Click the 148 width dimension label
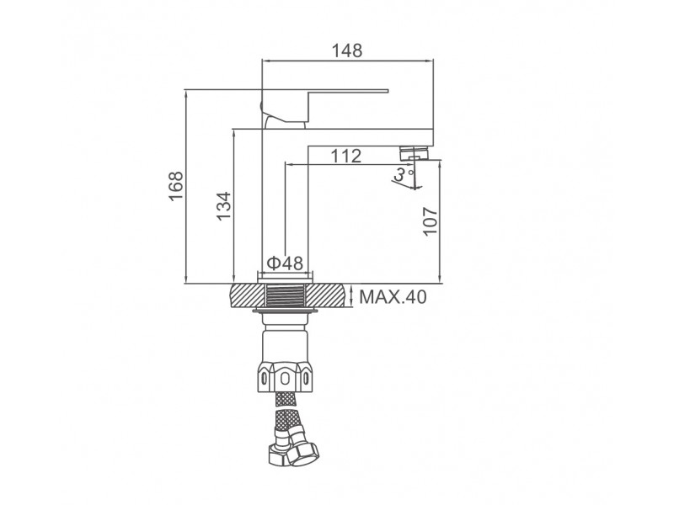[347, 50]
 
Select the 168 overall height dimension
[176, 186]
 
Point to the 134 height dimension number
[223, 206]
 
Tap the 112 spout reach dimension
[346, 157]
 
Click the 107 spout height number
[431, 221]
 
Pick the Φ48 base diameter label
[285, 263]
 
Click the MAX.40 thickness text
[393, 297]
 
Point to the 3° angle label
[403, 174]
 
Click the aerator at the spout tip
[415, 153]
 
